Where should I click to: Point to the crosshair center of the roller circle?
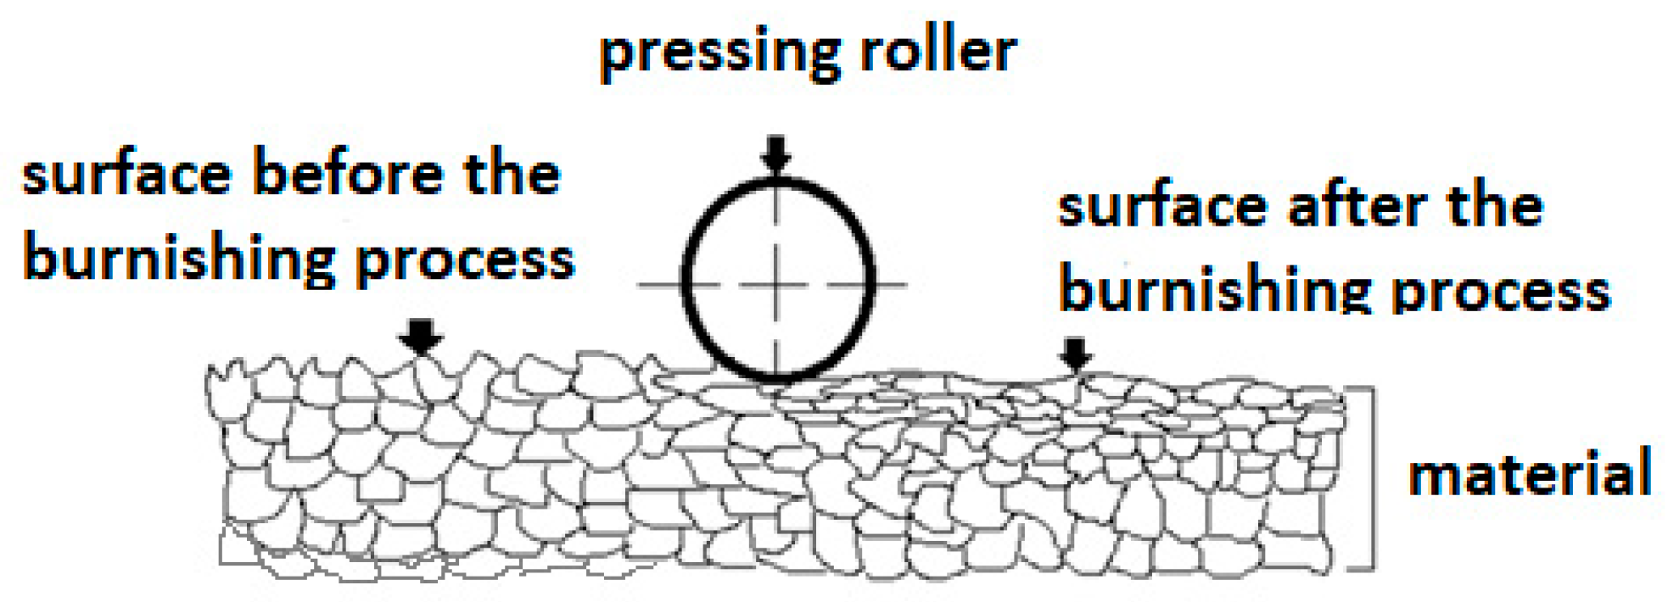click(x=777, y=284)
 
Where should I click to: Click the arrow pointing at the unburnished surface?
click(x=421, y=337)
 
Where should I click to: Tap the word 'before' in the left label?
click(x=348, y=173)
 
